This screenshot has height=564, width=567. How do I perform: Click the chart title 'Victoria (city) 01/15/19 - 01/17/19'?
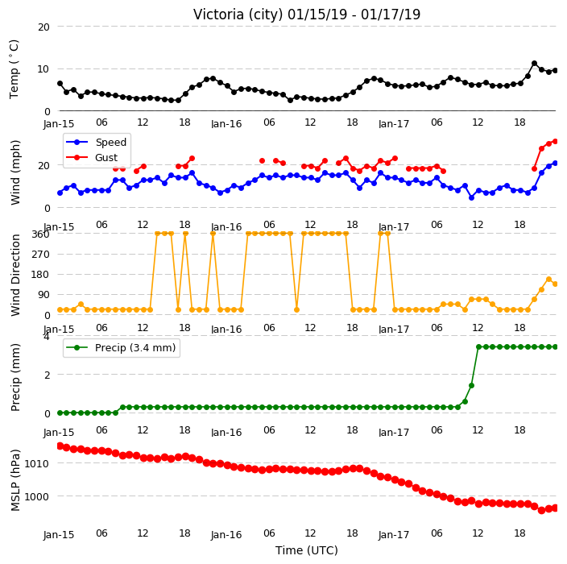tap(307, 15)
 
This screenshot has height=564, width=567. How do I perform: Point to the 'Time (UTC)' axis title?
tap(307, 549)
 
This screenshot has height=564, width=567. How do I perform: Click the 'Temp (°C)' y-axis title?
tap(14, 68)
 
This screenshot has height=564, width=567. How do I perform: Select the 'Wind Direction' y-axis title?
tap(15, 275)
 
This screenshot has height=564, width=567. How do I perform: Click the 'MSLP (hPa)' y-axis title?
tap(15, 480)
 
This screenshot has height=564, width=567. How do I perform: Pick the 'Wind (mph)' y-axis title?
tap(15, 172)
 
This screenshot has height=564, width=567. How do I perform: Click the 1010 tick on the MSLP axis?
tap(36, 463)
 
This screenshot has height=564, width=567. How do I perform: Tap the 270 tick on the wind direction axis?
tap(40, 255)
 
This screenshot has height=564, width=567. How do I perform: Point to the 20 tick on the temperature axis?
tap(43, 27)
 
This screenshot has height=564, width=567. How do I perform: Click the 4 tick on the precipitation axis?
tap(47, 337)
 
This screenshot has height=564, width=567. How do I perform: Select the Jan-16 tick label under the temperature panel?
tap(226, 124)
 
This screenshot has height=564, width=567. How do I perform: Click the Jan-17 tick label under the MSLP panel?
tap(394, 535)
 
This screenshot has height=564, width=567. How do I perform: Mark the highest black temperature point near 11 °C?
tap(534, 64)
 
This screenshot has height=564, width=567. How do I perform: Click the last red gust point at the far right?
tap(556, 142)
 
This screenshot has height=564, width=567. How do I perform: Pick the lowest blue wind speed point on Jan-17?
tap(471, 197)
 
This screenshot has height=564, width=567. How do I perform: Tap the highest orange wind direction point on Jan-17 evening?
tap(548, 280)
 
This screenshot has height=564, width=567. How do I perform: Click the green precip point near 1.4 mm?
tap(471, 386)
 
